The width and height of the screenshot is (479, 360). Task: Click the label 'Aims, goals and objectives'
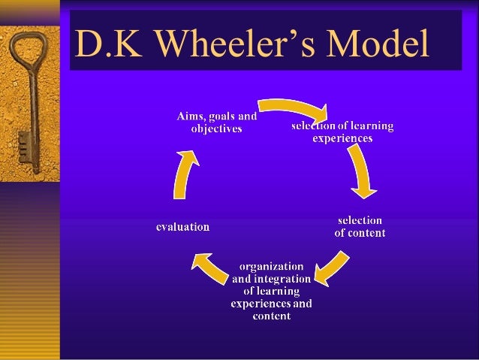(216, 123)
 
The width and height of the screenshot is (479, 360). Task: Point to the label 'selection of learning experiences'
(342, 132)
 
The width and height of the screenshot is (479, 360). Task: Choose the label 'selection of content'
(360, 226)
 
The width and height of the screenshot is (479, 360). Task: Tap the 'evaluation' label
(182, 226)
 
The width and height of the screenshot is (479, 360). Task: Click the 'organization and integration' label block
(271, 291)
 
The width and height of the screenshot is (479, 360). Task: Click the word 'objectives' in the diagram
(216, 129)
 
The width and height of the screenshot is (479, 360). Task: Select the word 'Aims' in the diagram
(189, 116)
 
